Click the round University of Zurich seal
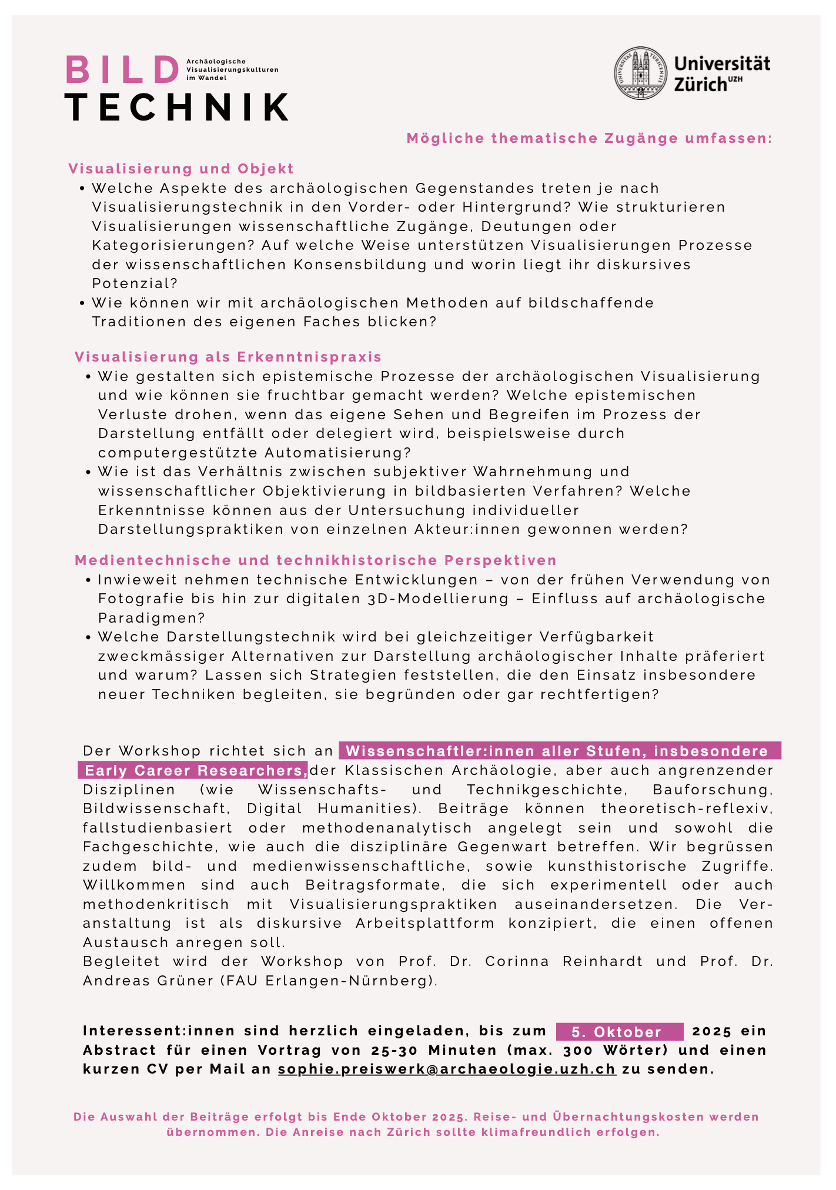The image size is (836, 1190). [x=641, y=73]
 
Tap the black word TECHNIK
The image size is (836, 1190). [x=176, y=107]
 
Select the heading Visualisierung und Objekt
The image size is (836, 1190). [x=181, y=169]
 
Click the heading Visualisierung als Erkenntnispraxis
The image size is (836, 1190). [x=228, y=357]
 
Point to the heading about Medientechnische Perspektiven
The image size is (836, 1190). [x=315, y=560]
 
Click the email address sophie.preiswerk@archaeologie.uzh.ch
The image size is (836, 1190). [x=447, y=1069]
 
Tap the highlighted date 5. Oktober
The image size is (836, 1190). [x=617, y=1032]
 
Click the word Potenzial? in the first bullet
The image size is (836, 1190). [x=135, y=283]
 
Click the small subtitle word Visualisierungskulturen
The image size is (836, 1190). [x=232, y=69]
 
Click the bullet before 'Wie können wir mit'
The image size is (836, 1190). [x=82, y=303]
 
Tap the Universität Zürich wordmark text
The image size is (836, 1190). [x=721, y=73]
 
